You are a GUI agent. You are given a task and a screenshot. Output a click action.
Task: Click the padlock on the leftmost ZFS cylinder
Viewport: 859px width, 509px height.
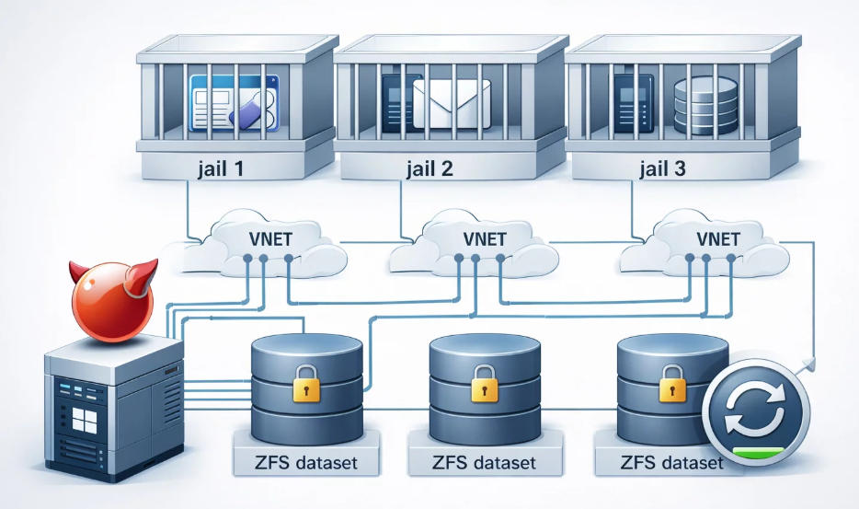(306, 385)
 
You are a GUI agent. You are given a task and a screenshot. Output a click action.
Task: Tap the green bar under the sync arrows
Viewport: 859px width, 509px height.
(760, 451)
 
